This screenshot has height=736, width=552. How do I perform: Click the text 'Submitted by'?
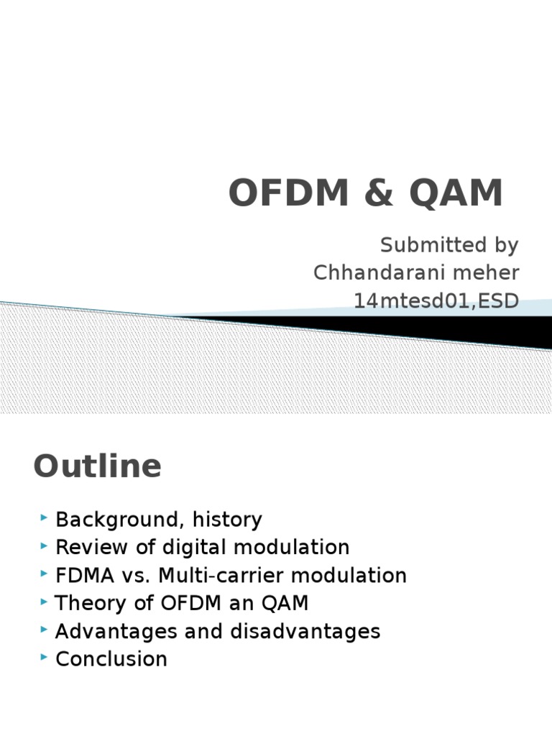449,245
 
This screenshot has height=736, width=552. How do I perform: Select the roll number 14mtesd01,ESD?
436,301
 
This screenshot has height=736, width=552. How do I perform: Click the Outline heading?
98,466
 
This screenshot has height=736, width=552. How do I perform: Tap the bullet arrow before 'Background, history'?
45,517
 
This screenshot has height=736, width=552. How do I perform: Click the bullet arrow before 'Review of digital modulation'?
45,546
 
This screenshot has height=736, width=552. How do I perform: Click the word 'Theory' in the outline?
88,604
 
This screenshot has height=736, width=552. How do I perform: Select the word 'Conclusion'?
111,659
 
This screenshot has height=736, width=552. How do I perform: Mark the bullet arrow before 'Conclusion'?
45,657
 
